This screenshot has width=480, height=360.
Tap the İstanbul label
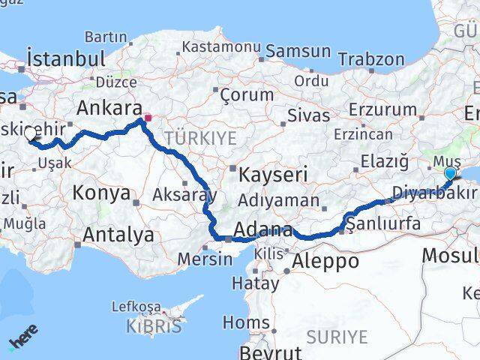point(65,58)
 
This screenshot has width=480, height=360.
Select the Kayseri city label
point(274,175)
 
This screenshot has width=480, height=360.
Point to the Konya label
point(101,193)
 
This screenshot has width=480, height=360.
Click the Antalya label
point(118,235)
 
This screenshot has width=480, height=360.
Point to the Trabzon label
point(370,58)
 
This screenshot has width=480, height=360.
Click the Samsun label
point(298,52)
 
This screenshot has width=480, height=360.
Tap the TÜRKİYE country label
point(200,138)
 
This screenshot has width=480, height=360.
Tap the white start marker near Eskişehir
point(31,134)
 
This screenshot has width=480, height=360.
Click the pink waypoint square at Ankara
point(148,117)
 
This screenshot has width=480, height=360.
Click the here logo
point(24,337)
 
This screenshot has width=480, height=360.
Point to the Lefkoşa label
point(136,307)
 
